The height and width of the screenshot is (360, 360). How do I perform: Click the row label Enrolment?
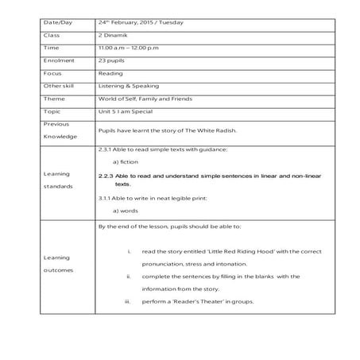click(58, 60)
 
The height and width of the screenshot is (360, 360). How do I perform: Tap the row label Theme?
click(54, 99)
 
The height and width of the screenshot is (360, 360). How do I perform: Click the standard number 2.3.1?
click(104, 149)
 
